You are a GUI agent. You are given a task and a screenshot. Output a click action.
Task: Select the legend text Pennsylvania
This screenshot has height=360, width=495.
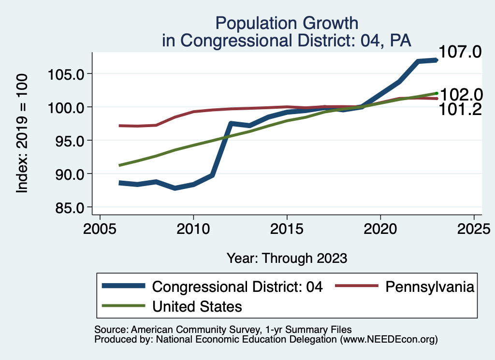pos(429,287)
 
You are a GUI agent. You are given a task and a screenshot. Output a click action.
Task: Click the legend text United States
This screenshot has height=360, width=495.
pos(197,306)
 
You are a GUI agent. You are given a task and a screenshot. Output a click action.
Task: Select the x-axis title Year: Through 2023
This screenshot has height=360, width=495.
pos(287,258)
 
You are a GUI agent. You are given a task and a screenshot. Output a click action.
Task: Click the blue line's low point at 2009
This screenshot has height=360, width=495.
pos(175,188)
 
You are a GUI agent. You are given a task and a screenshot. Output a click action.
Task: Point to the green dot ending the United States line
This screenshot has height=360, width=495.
pos(437,93)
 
